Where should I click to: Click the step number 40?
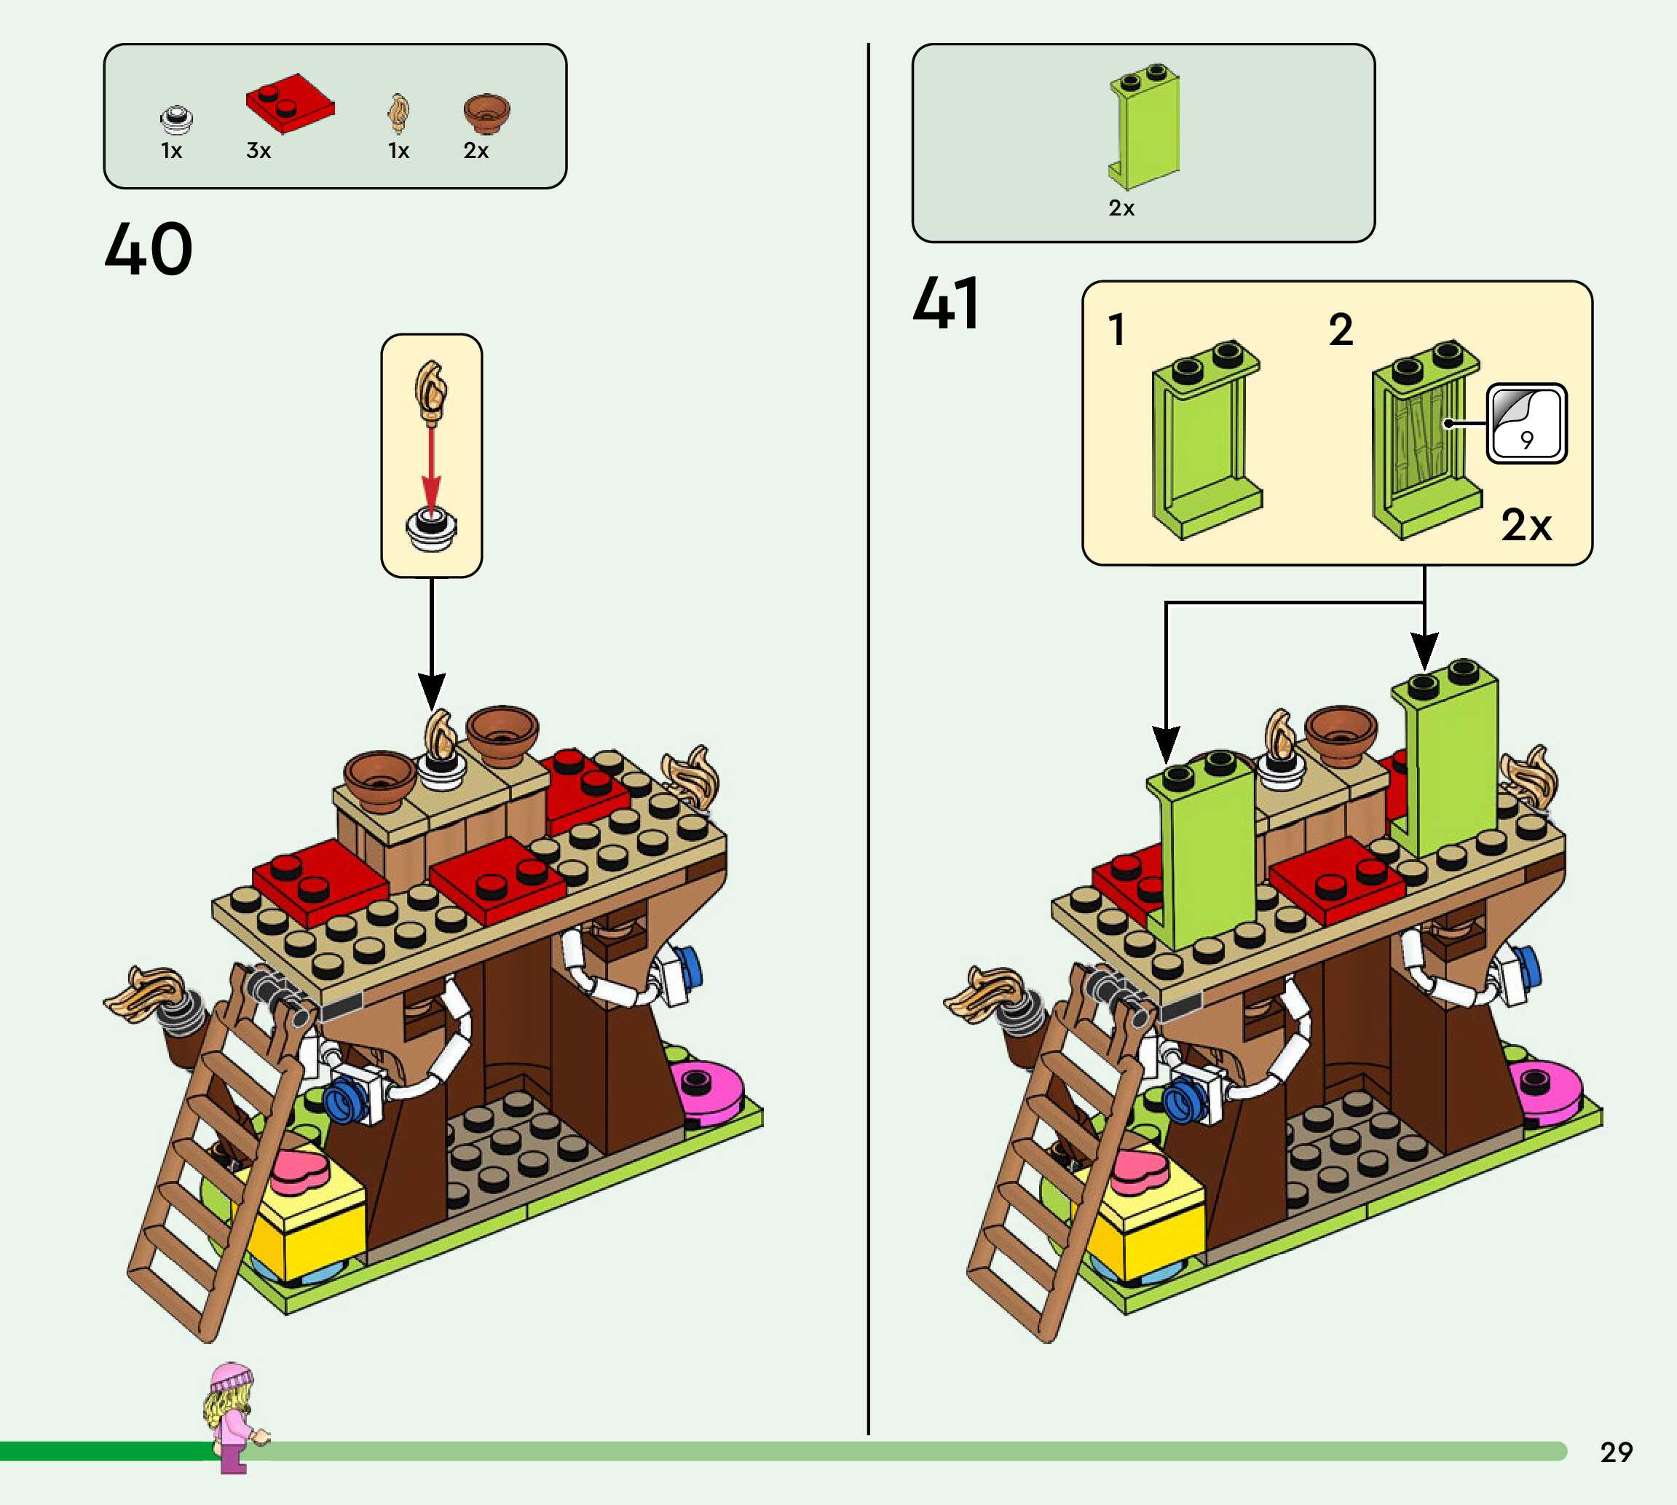(149, 249)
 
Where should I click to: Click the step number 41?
(947, 304)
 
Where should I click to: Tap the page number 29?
(1616, 1452)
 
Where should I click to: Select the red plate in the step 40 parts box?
(289, 103)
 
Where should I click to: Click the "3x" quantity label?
(259, 151)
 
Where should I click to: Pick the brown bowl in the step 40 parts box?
(486, 112)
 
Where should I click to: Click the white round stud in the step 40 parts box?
(176, 120)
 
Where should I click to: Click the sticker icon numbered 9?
(1526, 423)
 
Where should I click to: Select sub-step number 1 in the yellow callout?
(1117, 330)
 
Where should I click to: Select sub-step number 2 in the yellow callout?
(1341, 330)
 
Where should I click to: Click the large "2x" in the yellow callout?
(1526, 525)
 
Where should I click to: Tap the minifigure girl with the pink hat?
(232, 1415)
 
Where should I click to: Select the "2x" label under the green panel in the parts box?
(1121, 208)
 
